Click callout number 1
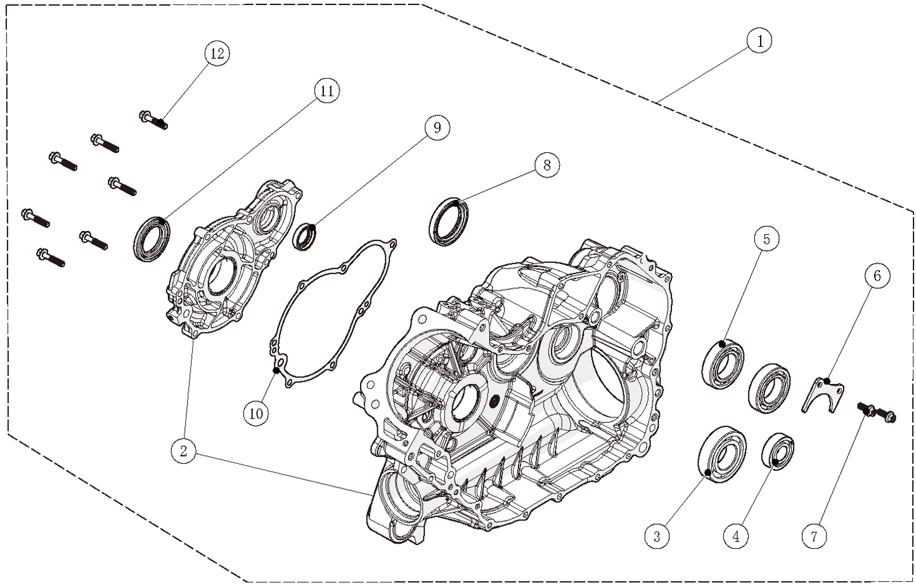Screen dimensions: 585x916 [x=759, y=41]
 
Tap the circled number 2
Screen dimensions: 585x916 [x=183, y=451]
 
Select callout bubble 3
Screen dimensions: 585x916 [x=657, y=536]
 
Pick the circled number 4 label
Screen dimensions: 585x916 [x=736, y=536]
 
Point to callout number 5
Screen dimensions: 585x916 [x=766, y=239]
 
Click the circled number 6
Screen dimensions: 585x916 [x=877, y=275]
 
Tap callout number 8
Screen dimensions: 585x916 [x=547, y=166]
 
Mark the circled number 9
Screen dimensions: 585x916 [x=437, y=128]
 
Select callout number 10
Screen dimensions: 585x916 [x=256, y=413]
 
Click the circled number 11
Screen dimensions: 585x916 [x=326, y=91]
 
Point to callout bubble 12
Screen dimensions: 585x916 [x=217, y=53]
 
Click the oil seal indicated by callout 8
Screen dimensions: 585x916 [x=451, y=221]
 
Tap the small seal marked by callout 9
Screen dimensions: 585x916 [x=306, y=236]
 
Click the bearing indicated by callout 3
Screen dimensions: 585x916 [x=721, y=455]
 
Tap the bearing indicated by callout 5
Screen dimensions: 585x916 [x=723, y=365]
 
